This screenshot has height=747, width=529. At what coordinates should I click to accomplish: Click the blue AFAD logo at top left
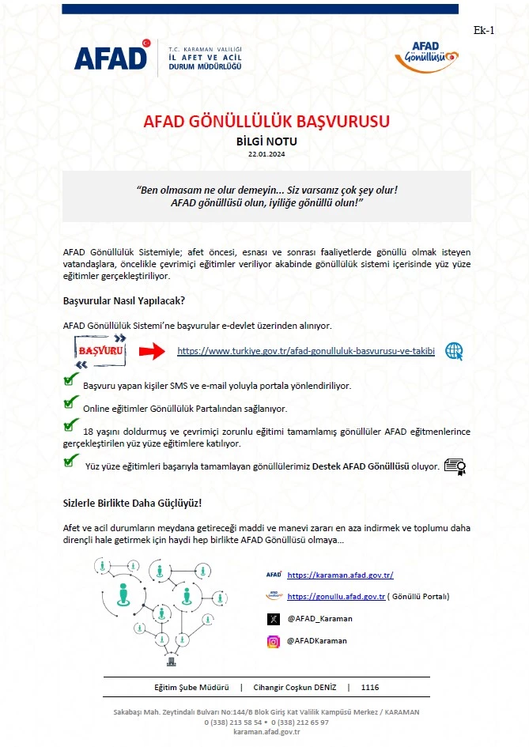coord(111,57)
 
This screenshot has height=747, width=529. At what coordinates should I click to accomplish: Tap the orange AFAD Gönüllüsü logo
coord(425,55)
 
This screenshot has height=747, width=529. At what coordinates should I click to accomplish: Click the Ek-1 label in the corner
coord(483,31)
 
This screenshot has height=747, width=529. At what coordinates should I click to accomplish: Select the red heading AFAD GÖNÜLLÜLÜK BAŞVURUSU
coord(266,122)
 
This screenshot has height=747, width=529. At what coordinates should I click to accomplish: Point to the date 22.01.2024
coord(266,154)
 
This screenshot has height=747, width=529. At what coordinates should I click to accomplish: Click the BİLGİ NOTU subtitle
coord(266,141)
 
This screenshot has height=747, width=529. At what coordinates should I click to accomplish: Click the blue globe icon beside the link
coord(454,351)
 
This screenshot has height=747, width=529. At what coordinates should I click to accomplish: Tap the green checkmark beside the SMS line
coord(70,381)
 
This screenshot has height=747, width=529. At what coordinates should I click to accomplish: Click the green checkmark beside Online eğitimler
coord(70,404)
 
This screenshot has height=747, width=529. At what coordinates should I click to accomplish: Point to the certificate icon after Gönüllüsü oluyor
coord(454,466)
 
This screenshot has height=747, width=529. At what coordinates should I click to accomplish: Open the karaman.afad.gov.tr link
coord(340,575)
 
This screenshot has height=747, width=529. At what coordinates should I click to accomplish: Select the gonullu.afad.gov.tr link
coord(336,597)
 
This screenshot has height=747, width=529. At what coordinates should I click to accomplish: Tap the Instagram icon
coord(273,641)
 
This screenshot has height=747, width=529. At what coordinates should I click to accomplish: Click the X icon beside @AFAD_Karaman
coord(273,619)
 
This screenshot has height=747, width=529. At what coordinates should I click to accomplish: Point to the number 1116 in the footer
coord(369,688)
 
